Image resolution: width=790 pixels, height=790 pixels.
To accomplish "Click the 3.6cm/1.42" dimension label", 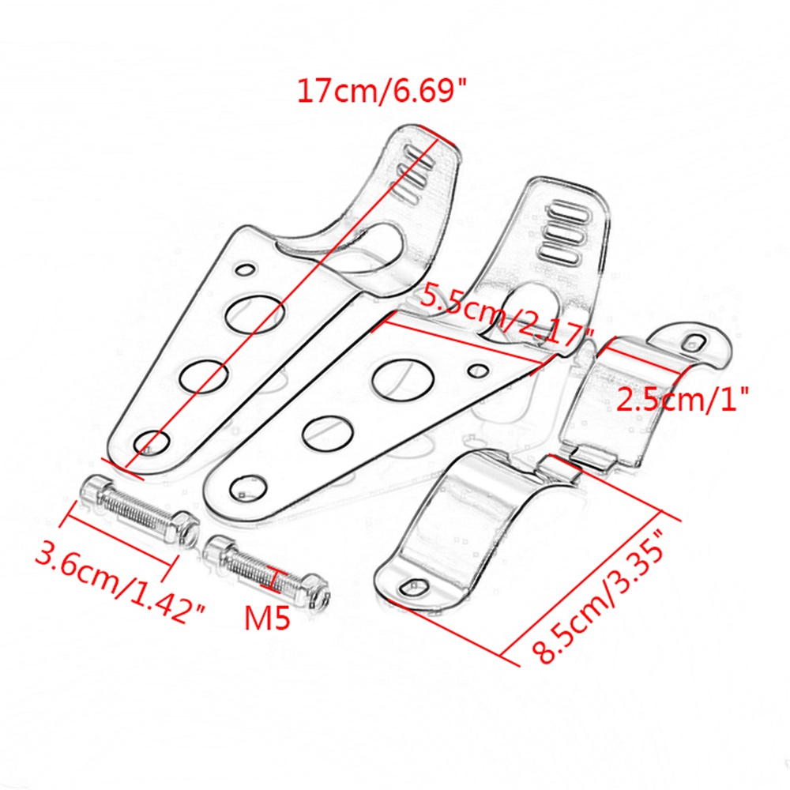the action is (x=120, y=584).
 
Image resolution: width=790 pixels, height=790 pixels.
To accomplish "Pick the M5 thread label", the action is (x=268, y=617).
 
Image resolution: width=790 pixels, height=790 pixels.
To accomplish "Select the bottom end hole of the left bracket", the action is (x=152, y=443).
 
